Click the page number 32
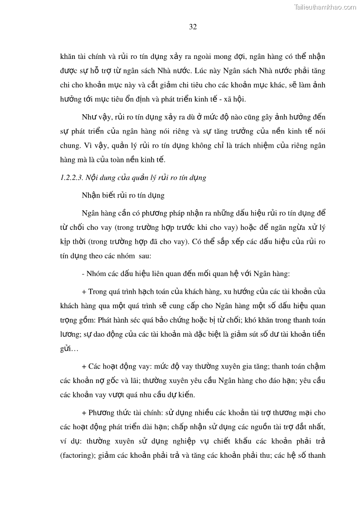click(x=193, y=27)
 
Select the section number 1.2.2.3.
click(x=71, y=178)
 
